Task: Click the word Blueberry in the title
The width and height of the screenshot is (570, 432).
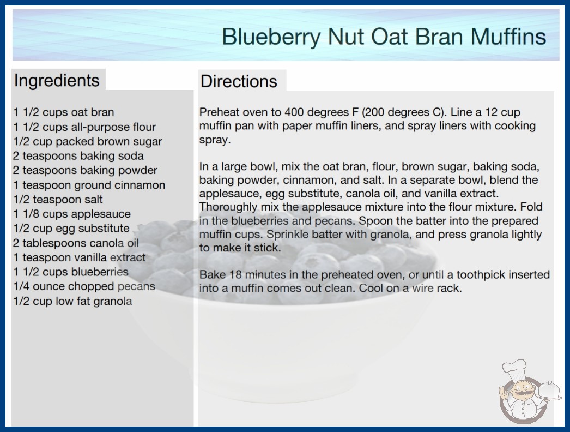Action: pos(271,37)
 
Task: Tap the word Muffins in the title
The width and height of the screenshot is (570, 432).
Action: pos(508,36)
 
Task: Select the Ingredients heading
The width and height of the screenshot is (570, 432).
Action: pos(57,81)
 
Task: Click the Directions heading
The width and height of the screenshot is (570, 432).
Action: pos(239,81)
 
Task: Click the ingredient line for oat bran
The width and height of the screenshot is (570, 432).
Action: pos(64,112)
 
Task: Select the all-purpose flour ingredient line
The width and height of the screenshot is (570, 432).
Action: pos(84,127)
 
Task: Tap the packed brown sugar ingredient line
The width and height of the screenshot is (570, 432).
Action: pos(88,142)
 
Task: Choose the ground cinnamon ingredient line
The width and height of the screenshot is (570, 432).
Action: pos(89,185)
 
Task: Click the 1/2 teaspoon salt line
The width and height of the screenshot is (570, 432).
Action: pos(58,200)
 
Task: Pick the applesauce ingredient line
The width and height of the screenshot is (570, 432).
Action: pos(72,214)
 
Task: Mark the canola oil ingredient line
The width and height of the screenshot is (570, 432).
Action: pos(76,243)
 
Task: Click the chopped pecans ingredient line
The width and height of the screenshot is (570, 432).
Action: pos(84,286)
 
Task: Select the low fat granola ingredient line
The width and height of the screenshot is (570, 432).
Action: pos(72,301)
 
